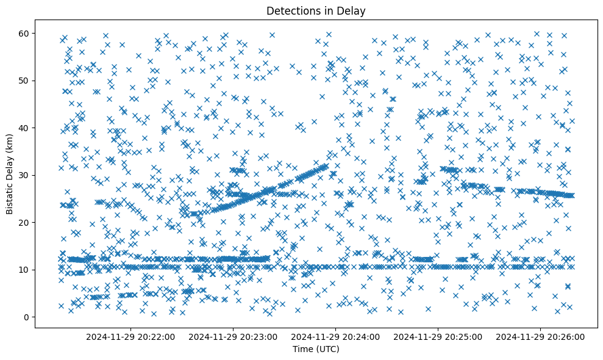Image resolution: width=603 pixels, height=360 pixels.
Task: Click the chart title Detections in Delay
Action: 316,10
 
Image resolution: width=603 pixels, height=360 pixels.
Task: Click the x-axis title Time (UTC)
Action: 316,349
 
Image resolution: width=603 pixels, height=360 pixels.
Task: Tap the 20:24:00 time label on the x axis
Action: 336,336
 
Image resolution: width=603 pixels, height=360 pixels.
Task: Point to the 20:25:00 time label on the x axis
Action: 438,336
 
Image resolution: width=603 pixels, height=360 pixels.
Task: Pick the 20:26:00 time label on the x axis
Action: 541,336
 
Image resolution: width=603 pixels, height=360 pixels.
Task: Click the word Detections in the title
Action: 291,10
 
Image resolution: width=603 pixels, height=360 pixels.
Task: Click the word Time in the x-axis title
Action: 303,349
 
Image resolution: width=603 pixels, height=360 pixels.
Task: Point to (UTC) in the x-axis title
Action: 327,349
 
